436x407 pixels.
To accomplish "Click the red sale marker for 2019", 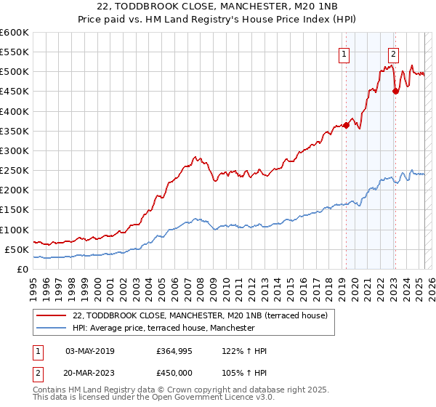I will (x=346, y=125).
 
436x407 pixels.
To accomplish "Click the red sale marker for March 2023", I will (x=395, y=91).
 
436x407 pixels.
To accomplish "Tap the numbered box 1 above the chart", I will (x=342, y=52).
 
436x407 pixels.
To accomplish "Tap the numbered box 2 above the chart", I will (x=393, y=52).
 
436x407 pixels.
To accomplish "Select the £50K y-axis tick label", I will (x=17, y=249).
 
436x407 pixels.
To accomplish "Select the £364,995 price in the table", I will (x=174, y=351).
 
